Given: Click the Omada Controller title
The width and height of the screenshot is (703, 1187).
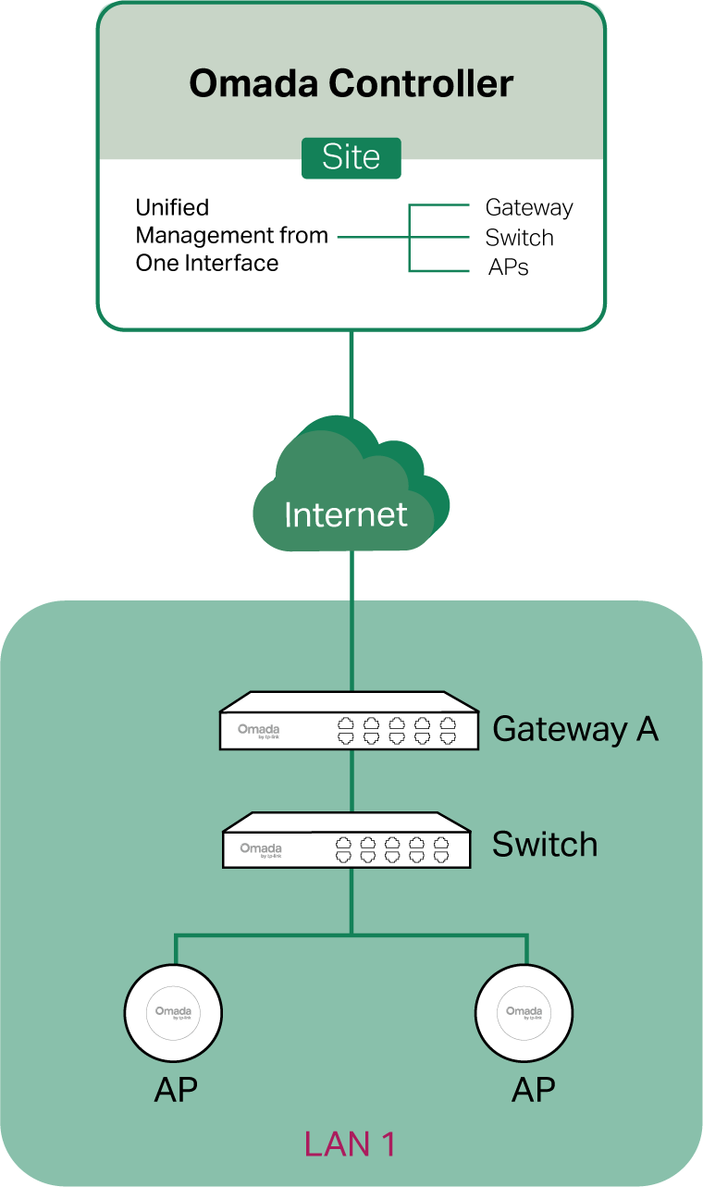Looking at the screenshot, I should [351, 84].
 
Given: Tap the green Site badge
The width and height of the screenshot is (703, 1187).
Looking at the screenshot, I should [351, 157].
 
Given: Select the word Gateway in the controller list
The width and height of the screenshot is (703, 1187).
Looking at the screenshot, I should [529, 208].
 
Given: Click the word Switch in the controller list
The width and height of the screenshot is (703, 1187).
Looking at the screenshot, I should [519, 238].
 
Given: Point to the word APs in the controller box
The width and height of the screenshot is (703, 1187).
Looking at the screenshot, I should [508, 268].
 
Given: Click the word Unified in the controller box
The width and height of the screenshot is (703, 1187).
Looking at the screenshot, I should [172, 207].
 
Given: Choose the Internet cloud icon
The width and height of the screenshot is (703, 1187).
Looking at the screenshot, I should [349, 488].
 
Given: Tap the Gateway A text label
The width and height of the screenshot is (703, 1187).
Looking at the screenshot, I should [574, 729].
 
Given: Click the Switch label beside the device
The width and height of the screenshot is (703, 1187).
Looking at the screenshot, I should [544, 845].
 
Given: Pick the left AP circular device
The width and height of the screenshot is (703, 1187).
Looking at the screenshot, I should [173, 1012].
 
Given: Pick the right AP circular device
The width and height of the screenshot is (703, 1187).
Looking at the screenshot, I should [524, 1012].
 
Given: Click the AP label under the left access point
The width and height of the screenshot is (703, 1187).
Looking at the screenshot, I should [176, 1090].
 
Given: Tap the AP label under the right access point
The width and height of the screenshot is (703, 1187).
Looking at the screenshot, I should [534, 1090].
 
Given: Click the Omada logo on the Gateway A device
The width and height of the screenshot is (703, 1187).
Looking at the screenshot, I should [258, 730].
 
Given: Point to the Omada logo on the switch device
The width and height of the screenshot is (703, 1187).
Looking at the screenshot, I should [261, 849].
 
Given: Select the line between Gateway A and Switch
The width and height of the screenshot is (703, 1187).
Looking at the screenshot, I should [351, 781].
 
